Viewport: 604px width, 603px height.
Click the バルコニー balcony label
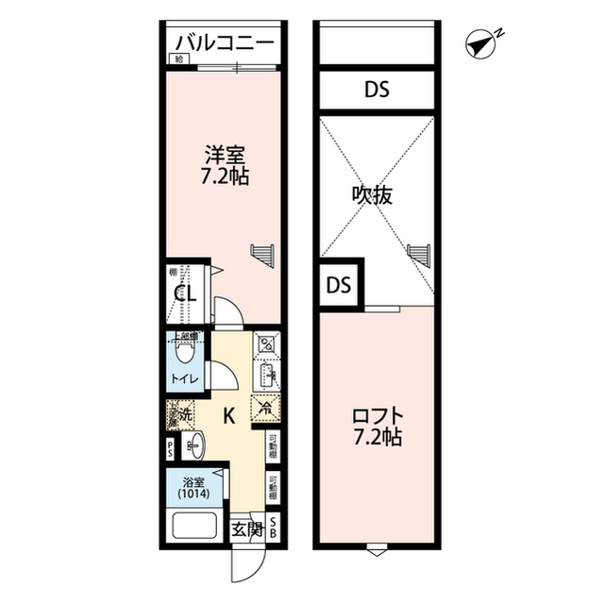pyautogui.click(x=224, y=44)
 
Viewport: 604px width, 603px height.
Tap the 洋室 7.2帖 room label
pyautogui.click(x=224, y=163)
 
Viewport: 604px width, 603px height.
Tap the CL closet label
pyautogui.click(x=184, y=293)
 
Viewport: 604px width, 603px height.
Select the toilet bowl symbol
pyautogui.click(x=186, y=352)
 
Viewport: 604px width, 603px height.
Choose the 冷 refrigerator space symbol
pyautogui.click(x=264, y=409)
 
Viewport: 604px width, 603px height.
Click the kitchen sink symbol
pyautogui.click(x=265, y=376)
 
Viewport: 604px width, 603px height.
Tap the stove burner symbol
pyautogui.click(x=265, y=343)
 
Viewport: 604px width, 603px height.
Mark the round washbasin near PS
pyautogui.click(x=194, y=444)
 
